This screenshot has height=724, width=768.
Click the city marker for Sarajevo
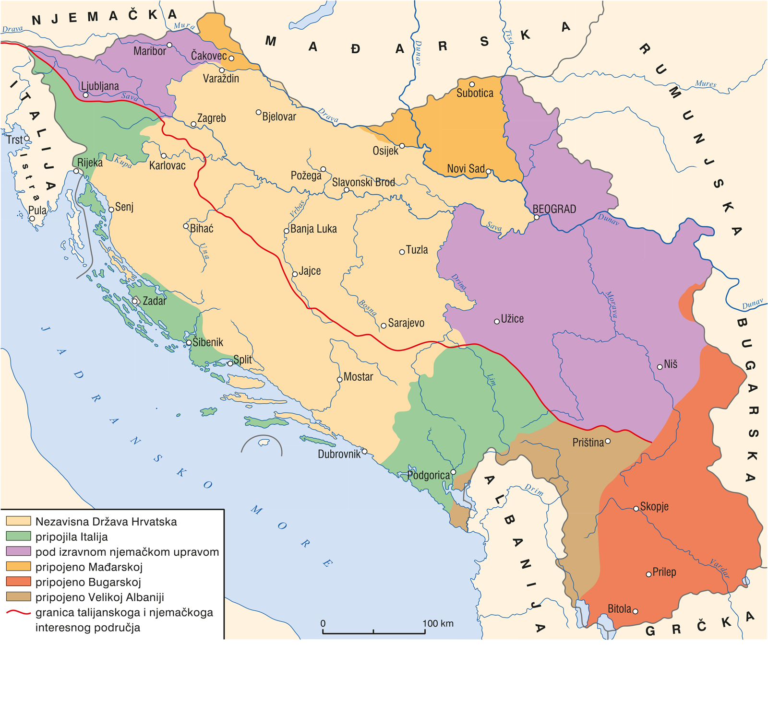384,326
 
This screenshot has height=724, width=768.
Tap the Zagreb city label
211,118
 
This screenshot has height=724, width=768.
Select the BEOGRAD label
554,209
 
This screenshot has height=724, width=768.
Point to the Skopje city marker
636,509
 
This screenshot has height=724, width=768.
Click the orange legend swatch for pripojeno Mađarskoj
18,567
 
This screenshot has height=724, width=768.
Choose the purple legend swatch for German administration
18,551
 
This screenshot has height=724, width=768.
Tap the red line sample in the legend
18,612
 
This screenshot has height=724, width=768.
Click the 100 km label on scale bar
438,623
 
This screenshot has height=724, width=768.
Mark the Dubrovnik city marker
364,452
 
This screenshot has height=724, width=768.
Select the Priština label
588,443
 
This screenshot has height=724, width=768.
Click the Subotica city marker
472,84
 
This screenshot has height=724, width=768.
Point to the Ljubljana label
99,86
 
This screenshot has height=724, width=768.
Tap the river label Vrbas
297,209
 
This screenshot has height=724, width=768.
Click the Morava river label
611,305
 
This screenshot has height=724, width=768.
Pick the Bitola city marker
635,611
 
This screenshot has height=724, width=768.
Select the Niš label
671,364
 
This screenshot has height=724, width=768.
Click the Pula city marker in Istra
32,219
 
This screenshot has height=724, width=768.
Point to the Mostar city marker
339,380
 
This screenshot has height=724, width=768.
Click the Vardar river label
720,569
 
